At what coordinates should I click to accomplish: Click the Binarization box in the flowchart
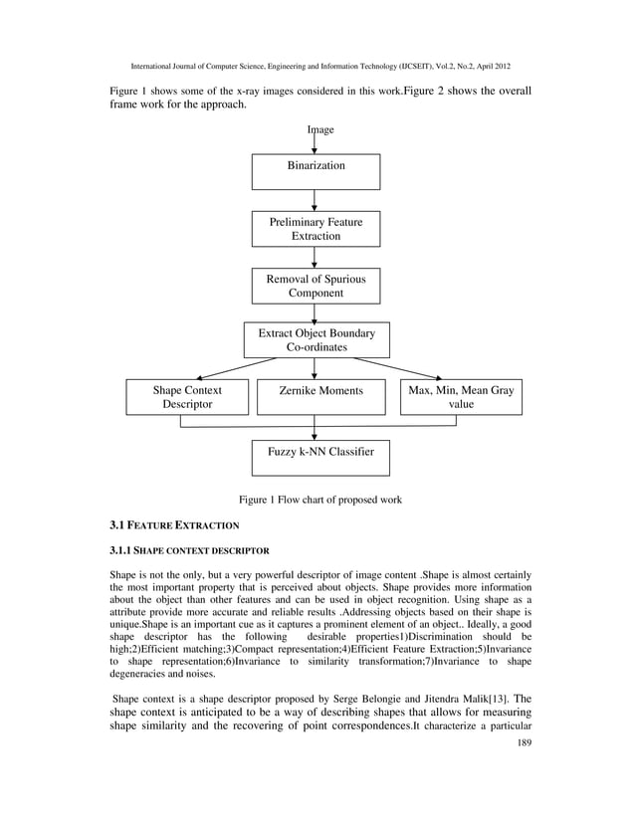316,171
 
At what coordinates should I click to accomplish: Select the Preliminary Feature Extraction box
316,229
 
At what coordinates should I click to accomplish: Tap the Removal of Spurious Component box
316,287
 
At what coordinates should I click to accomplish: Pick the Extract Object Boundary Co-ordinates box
317,339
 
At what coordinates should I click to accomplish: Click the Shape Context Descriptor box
187,397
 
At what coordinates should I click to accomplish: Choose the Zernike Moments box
316,397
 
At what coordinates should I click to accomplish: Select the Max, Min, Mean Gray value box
461,397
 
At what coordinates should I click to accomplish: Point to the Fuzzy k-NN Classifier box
320,458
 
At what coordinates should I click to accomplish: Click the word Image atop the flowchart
320,130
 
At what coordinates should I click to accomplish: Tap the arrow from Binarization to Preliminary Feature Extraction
316,200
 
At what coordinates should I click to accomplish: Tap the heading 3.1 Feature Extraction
174,523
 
